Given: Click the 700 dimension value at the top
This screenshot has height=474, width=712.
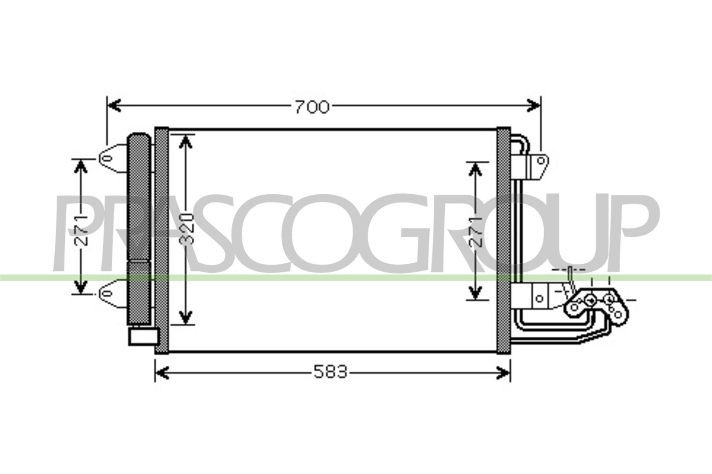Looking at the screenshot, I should (x=312, y=107).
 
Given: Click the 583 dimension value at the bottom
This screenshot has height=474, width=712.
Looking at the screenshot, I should (x=330, y=372).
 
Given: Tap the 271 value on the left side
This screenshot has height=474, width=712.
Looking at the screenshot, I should (x=81, y=230).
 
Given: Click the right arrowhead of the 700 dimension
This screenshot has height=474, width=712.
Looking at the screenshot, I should (x=533, y=105).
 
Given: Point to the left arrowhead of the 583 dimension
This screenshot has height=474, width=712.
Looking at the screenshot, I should (x=162, y=373).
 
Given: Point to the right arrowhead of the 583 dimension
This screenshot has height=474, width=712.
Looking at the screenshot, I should (x=503, y=373).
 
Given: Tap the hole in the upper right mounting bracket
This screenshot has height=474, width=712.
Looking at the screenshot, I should (x=541, y=160).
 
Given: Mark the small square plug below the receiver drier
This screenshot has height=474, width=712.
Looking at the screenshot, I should (x=143, y=337).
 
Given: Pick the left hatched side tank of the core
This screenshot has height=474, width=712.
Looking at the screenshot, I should (x=162, y=240).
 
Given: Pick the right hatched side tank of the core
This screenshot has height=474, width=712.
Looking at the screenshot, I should (x=503, y=240).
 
